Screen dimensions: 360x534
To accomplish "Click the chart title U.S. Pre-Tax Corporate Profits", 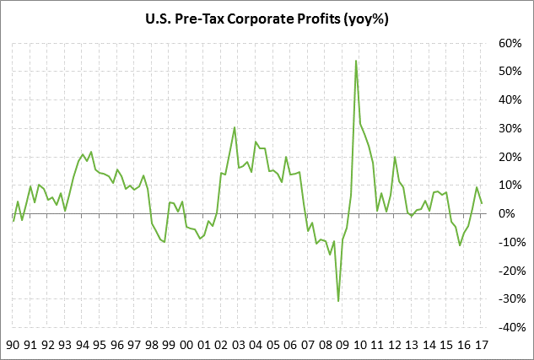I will pyautogui.click(x=266, y=18).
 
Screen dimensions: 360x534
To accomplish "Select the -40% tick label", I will pyautogui.click(x=510, y=327).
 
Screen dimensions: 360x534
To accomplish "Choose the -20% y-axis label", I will pyautogui.click(x=510, y=271).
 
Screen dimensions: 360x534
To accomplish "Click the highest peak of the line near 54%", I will pyautogui.click(x=356, y=60).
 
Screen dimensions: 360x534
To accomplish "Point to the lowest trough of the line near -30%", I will pyautogui.click(x=338, y=301).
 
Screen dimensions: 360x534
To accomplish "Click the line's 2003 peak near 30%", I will pyautogui.click(x=235, y=127).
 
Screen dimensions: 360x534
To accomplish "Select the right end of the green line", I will pyautogui.click(x=481, y=203).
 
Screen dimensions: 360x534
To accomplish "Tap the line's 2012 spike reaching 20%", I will pyautogui.click(x=395, y=157).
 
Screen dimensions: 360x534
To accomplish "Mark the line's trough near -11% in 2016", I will pyautogui.click(x=460, y=245).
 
